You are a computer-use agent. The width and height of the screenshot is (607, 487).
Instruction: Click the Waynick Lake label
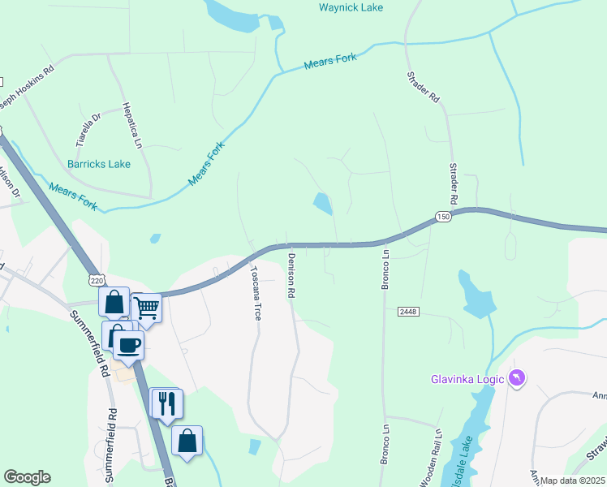351,8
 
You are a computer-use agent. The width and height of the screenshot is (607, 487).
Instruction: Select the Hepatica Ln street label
131,125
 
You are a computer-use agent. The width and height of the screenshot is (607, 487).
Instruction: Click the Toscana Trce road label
256,293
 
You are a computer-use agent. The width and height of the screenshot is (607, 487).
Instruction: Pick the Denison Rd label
291,274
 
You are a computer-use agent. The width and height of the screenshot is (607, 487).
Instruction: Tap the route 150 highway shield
442,218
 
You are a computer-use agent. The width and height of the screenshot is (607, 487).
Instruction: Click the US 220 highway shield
97,280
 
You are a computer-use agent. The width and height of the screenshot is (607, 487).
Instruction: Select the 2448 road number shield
407,312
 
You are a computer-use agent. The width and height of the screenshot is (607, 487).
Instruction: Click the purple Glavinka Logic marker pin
517,377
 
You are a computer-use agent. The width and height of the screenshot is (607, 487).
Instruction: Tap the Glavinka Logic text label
467,379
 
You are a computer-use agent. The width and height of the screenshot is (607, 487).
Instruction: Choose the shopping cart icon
146,308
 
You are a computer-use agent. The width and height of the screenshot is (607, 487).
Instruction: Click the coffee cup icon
128,344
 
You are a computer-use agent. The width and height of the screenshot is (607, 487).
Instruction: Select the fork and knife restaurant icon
167,402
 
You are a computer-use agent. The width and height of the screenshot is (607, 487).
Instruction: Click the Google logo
27,477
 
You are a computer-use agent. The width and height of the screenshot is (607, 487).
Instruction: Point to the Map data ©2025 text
573,481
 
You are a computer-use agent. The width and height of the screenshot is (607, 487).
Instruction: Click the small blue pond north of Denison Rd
323,203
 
